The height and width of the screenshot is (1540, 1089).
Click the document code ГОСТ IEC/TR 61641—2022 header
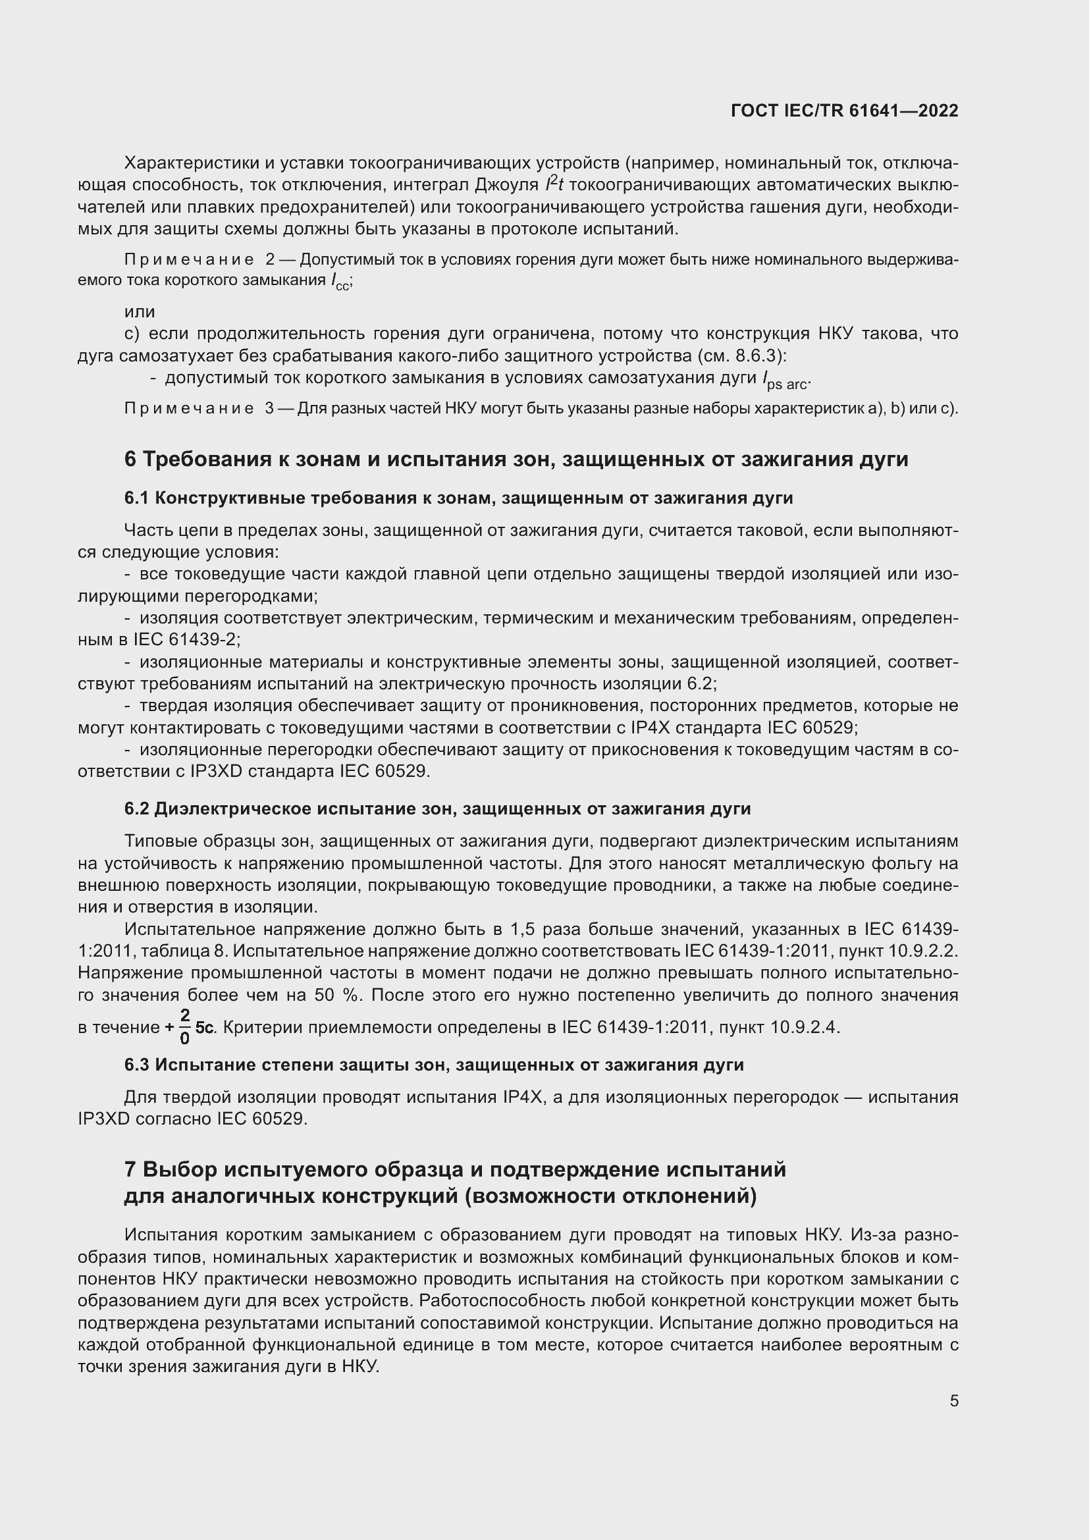tap(844, 111)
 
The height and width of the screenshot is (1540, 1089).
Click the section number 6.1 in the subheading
tap(136, 498)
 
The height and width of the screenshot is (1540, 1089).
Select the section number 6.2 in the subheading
tap(136, 809)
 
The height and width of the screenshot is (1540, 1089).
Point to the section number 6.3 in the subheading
tap(136, 1065)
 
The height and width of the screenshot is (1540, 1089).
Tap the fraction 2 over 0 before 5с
tap(185, 1027)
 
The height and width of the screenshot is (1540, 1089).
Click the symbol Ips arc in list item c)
tap(786, 381)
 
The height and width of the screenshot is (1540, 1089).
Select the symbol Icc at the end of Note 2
tap(340, 282)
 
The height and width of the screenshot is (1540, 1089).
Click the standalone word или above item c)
tap(140, 312)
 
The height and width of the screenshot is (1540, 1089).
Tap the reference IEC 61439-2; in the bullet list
tap(180, 639)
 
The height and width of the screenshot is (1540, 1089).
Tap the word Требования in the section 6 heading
tap(207, 460)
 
